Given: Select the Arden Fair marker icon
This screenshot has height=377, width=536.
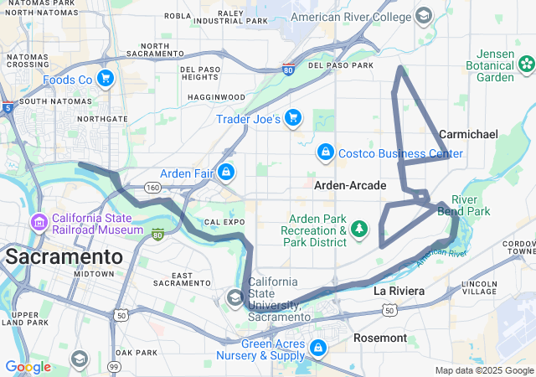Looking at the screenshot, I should tap(225, 173).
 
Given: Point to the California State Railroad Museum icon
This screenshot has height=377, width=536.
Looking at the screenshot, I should tap(39, 223).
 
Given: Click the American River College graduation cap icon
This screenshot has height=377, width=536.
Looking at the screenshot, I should tap(424, 16).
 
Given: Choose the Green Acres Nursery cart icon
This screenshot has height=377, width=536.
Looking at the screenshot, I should tap(318, 348).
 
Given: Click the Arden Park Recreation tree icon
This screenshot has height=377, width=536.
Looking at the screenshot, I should tap(359, 229).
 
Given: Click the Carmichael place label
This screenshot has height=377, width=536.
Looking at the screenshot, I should tap(468, 134).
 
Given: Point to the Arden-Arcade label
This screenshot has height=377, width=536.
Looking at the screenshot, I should tap(350, 185).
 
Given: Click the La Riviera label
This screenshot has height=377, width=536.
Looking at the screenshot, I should tap(399, 291).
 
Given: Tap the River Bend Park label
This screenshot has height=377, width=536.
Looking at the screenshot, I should tap(470, 205).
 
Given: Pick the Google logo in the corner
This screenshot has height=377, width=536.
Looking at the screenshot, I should tap(28, 367).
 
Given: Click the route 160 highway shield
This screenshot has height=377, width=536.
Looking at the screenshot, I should tap(152, 188).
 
